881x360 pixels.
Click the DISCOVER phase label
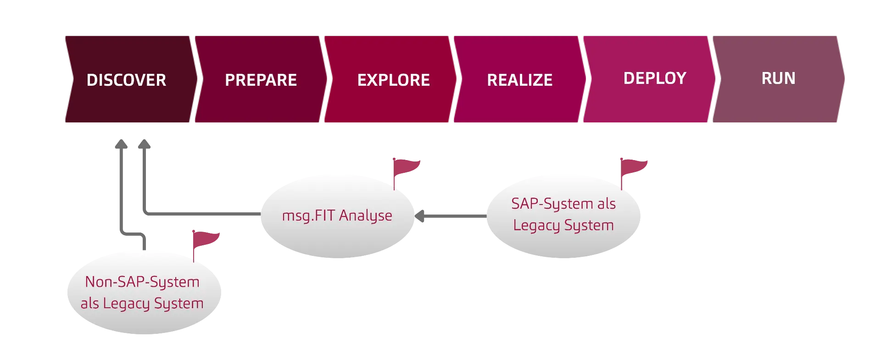126,80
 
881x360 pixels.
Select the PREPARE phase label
261,80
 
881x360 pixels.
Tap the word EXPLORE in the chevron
393,80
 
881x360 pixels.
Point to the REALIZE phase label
519,80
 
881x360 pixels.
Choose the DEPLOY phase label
654,78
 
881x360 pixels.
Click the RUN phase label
778,78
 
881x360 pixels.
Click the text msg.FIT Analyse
337,216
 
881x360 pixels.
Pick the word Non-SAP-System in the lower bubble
142,282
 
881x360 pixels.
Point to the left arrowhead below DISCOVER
121,143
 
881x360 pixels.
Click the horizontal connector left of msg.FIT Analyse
202,213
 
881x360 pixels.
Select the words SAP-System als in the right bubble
563,204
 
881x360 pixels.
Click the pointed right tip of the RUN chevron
845,79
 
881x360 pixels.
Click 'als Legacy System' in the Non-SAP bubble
142,304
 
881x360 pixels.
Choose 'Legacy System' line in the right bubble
563,225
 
